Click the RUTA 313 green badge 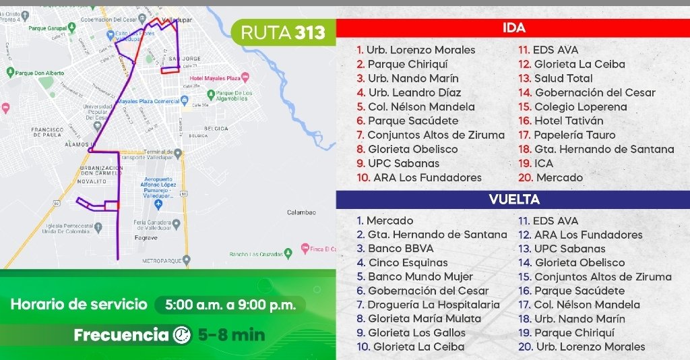click(x=283, y=32)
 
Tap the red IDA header click(x=513, y=28)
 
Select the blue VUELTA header click(x=513, y=200)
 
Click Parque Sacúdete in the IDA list click(x=412, y=121)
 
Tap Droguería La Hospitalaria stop click(x=433, y=305)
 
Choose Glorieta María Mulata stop click(x=425, y=319)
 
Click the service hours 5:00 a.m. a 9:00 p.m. click(x=230, y=305)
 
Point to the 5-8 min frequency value click(x=231, y=335)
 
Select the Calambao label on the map click(x=301, y=212)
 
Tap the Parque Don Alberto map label click(x=39, y=73)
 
